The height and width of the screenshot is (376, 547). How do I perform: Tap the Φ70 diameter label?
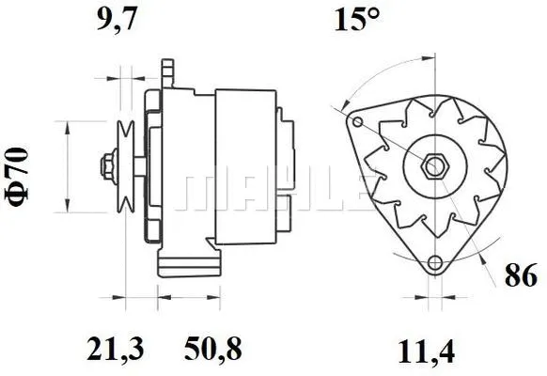coord(20,166)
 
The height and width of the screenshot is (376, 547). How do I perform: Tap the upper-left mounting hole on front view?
coord(355,120)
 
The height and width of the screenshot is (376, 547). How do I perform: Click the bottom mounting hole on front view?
coord(433,263)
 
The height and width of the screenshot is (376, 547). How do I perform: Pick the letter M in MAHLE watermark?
coord(203,192)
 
